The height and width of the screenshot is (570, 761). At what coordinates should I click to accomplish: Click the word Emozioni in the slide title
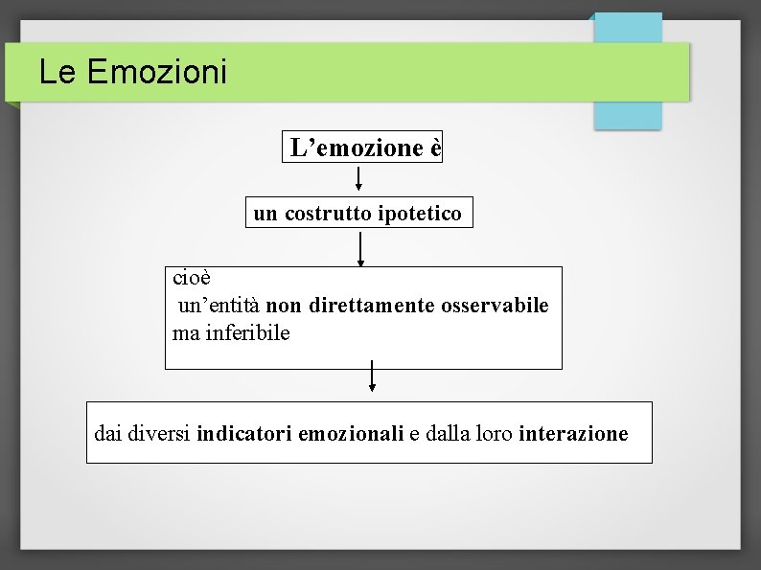pyautogui.click(x=157, y=72)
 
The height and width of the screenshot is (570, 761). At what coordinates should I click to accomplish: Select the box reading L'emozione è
pyautogui.click(x=362, y=148)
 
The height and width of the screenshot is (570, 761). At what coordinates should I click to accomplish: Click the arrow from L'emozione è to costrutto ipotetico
pyautogui.click(x=358, y=179)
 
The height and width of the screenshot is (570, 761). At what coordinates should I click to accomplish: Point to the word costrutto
pyautogui.click(x=329, y=213)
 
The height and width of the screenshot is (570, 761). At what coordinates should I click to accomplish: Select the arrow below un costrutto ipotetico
pyautogui.click(x=360, y=248)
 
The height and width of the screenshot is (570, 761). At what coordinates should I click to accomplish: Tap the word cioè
pyautogui.click(x=191, y=278)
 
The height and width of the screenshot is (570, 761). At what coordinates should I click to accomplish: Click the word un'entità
pyautogui.click(x=219, y=306)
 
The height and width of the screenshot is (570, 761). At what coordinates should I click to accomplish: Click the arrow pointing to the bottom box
pyautogui.click(x=372, y=376)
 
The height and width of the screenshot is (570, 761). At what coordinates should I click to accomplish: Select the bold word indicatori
pyautogui.click(x=244, y=434)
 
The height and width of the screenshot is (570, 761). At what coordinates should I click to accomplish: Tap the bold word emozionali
pyautogui.click(x=351, y=434)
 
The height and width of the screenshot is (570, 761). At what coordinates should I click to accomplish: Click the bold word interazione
pyautogui.click(x=573, y=434)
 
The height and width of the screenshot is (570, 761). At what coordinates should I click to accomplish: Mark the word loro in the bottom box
pyautogui.click(x=494, y=434)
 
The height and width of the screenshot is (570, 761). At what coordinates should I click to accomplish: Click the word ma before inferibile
pyautogui.click(x=183, y=334)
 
